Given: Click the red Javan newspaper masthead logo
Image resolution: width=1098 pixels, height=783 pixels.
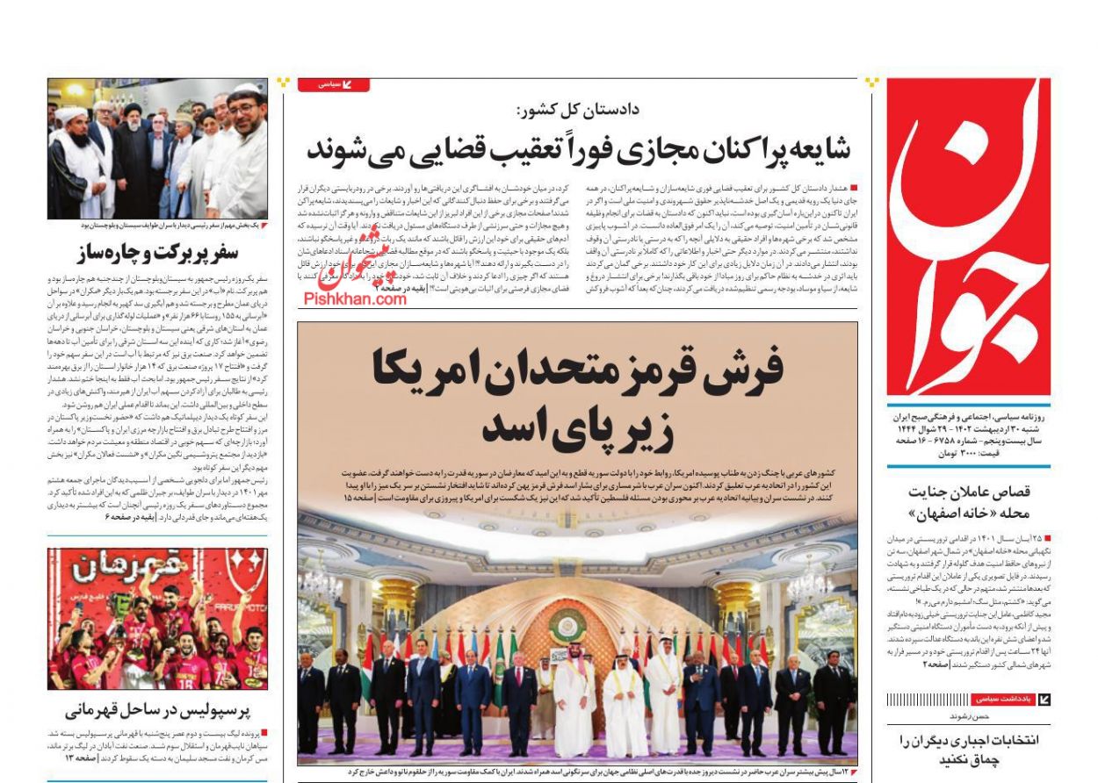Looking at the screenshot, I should pyautogui.click(x=968, y=237).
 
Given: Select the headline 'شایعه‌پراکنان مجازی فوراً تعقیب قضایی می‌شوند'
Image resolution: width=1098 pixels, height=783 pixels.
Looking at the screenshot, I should pyautogui.click(x=580, y=150).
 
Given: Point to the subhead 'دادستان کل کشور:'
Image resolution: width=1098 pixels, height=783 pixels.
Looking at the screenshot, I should pyautogui.click(x=580, y=111).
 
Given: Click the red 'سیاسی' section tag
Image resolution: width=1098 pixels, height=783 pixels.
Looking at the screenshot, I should pyautogui.click(x=333, y=85).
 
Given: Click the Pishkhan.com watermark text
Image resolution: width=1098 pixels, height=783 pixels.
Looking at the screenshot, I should pyautogui.click(x=356, y=298).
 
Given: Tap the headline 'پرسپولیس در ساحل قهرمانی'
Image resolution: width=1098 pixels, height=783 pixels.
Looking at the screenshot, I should pyautogui.click(x=158, y=709).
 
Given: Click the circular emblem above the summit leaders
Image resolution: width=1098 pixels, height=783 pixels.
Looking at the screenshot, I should pyautogui.click(x=567, y=627).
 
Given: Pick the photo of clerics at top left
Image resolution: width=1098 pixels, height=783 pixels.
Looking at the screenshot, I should pyautogui.click(x=157, y=148).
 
